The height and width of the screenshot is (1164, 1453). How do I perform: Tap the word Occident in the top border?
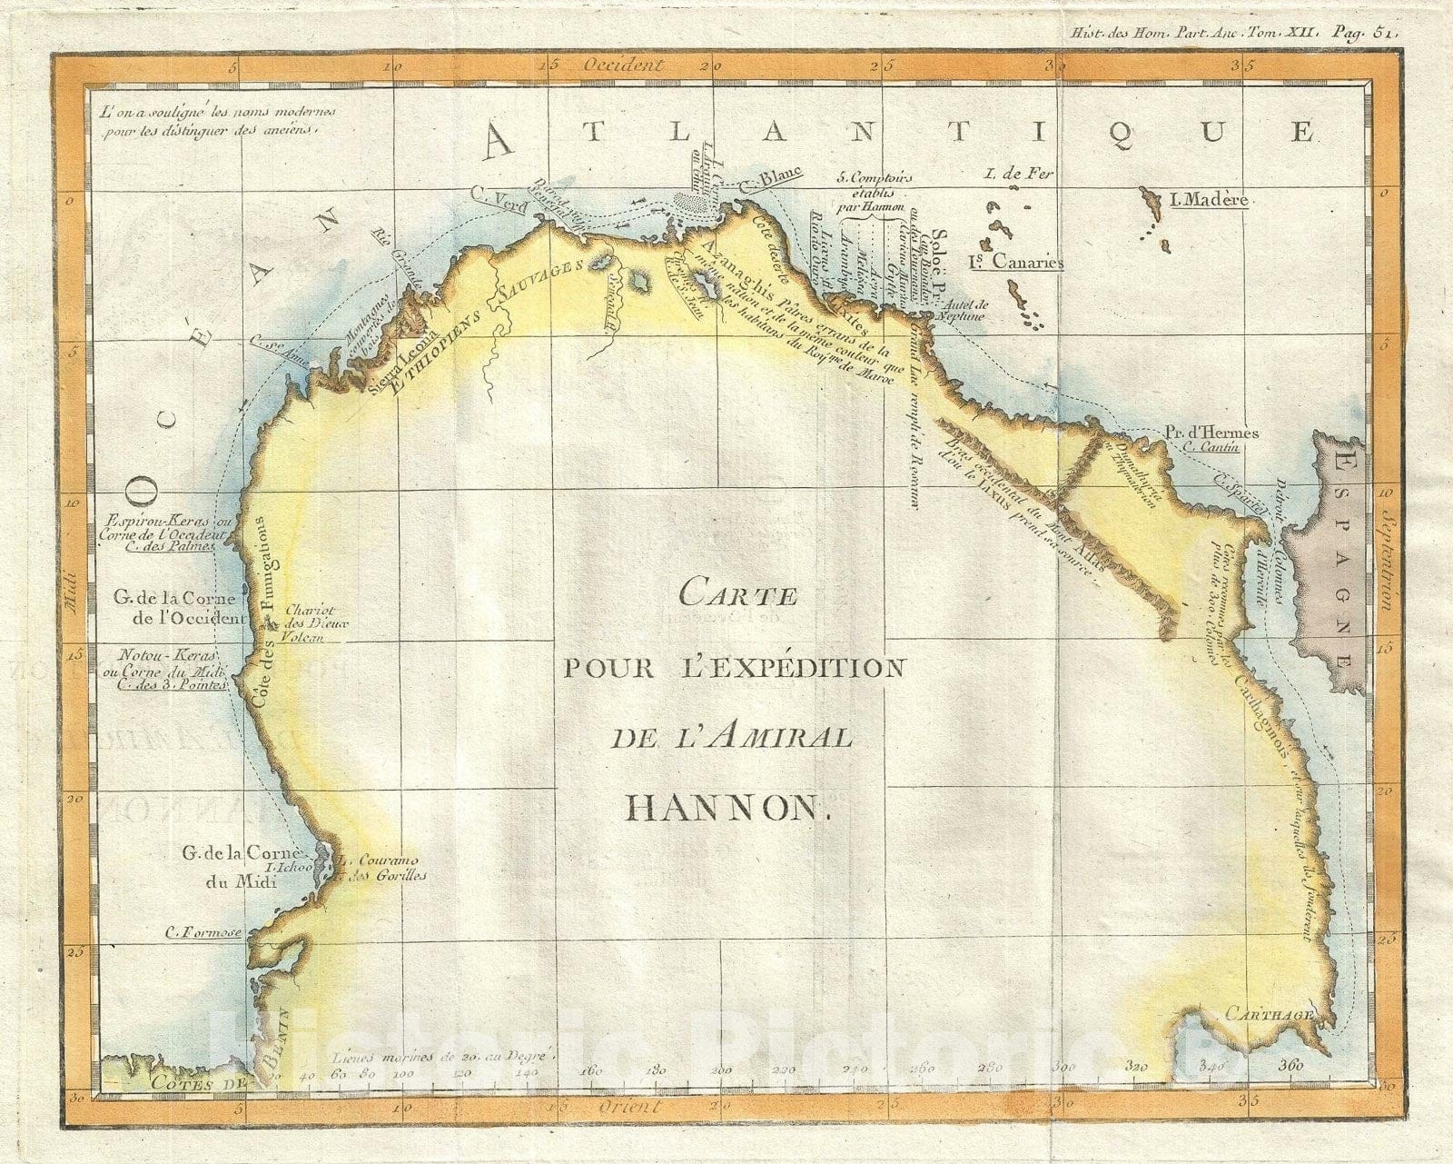[625, 65]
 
